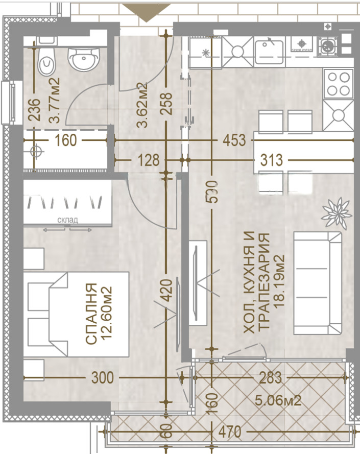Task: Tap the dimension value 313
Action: (x=271, y=160)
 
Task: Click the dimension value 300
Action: (x=102, y=378)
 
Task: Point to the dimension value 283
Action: (x=270, y=378)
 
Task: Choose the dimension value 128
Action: (x=149, y=160)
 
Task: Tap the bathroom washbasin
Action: (x=83, y=59)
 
